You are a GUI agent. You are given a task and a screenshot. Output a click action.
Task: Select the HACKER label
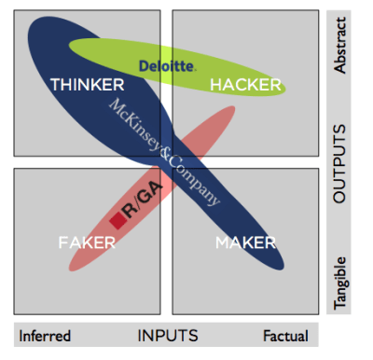pyautogui.click(x=245, y=85)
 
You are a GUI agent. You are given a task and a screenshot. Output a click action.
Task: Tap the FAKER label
pyautogui.click(x=87, y=242)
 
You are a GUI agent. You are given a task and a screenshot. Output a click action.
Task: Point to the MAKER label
pyautogui.click(x=246, y=242)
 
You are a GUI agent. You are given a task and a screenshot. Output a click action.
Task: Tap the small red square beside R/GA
pyautogui.click(x=117, y=220)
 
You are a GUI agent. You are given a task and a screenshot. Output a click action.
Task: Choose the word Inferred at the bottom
pyautogui.click(x=45, y=335)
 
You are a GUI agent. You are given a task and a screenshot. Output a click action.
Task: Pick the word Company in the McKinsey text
pyautogui.click(x=197, y=181)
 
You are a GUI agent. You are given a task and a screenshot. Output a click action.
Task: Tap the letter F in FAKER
pyautogui.click(x=62, y=242)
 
